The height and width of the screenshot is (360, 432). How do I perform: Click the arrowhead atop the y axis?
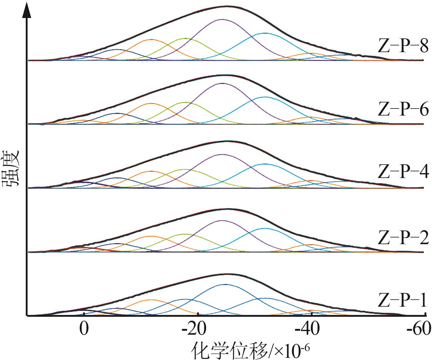point(27,9)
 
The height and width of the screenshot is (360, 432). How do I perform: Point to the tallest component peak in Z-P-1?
point(225,284)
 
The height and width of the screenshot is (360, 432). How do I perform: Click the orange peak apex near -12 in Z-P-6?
point(151,103)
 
